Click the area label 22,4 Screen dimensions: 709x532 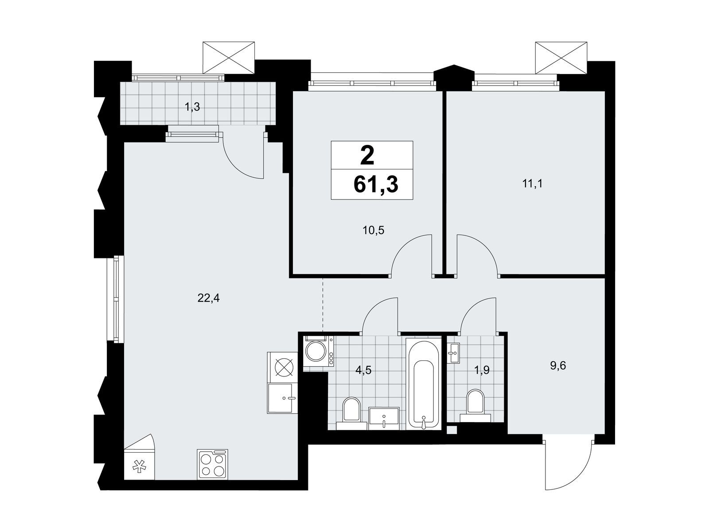[x=208, y=298]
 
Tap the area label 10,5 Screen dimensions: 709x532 [x=373, y=231]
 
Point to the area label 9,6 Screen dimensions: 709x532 [x=558, y=366]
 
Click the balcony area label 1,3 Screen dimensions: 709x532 [x=192, y=107]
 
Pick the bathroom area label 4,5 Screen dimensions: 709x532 [x=363, y=370]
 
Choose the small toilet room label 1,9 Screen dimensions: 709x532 [x=481, y=370]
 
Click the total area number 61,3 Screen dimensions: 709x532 [x=376, y=184]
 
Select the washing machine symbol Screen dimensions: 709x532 [x=318, y=351]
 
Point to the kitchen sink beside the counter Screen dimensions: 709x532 [x=282, y=399]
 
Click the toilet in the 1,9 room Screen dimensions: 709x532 [x=475, y=406]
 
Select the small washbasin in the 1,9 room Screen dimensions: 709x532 [x=453, y=353]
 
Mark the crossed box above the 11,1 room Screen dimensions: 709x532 [x=561, y=59]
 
